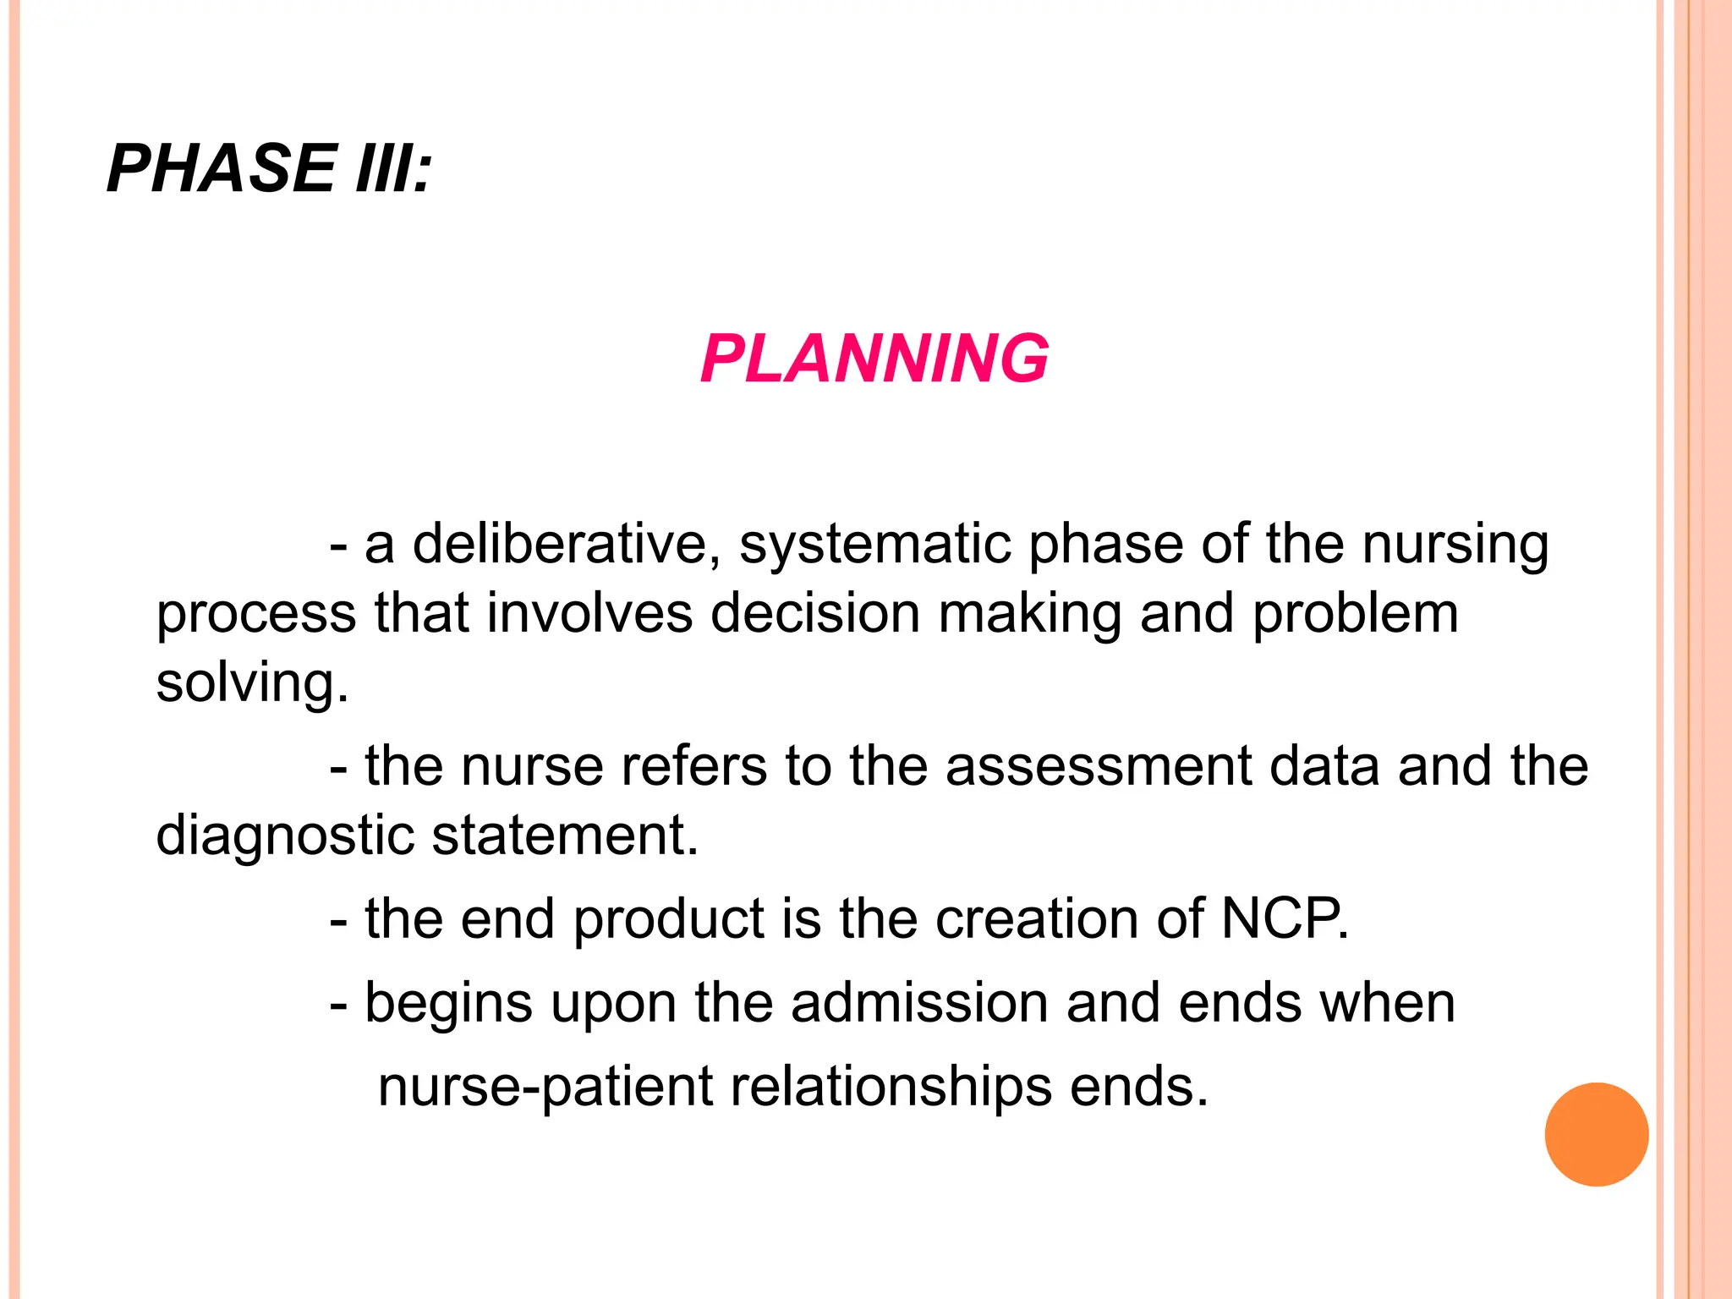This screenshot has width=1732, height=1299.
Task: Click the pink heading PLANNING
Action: coord(874,359)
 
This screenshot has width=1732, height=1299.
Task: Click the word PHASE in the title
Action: coord(222,168)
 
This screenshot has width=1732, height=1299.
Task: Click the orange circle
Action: coord(1596,1134)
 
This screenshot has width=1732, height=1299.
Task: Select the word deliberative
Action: coord(559,543)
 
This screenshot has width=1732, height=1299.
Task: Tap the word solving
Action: coord(251,683)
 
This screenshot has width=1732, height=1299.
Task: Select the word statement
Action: coord(564,836)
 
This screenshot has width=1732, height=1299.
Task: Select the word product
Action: coord(669,920)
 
